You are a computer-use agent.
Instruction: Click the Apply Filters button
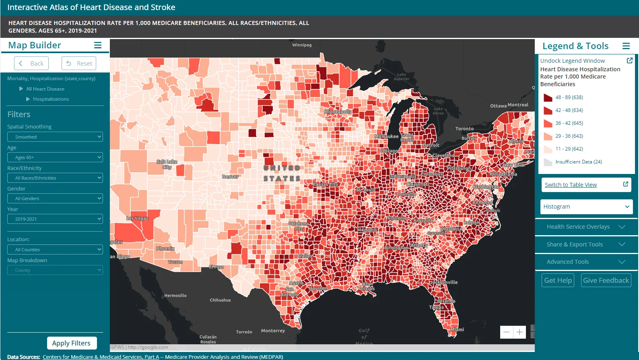click(x=72, y=343)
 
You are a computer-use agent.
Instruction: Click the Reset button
click(x=79, y=63)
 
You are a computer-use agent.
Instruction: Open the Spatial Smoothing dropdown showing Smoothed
click(x=55, y=137)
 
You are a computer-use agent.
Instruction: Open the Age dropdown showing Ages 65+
click(x=55, y=157)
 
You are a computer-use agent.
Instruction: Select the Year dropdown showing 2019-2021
click(x=55, y=219)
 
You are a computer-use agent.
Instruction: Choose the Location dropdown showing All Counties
click(x=55, y=250)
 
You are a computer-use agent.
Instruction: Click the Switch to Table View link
click(x=571, y=185)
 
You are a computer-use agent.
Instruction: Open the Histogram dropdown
click(x=586, y=207)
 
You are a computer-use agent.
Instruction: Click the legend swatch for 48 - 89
click(x=548, y=97)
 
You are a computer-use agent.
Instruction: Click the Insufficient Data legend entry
click(x=578, y=162)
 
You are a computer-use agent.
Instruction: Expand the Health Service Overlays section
click(x=586, y=227)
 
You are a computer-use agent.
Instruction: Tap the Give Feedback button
click(x=606, y=280)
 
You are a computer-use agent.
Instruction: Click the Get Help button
click(x=558, y=280)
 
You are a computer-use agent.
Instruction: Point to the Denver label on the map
click(x=230, y=177)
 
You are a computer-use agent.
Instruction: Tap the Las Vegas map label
click(x=137, y=218)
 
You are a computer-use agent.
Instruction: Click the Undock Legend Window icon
click(x=630, y=60)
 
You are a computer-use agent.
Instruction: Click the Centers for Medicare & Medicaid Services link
click(x=101, y=357)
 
